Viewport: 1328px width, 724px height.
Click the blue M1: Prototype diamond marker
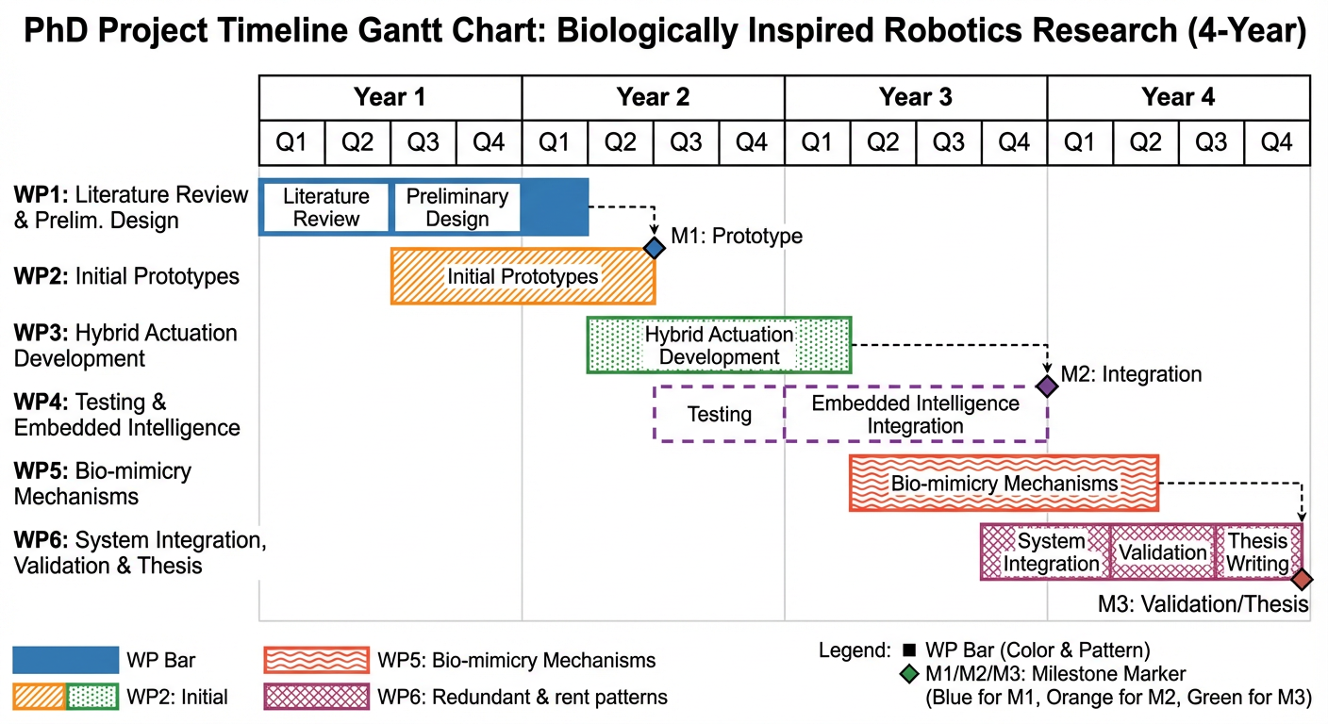(655, 248)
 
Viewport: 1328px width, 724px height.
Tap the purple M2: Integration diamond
(1047, 386)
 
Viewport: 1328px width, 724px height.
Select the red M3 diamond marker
(1303, 579)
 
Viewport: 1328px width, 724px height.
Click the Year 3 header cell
(915, 97)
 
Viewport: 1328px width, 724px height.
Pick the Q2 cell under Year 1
(357, 143)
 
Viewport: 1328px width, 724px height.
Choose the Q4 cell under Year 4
(1276, 143)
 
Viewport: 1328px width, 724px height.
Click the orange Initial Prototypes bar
(523, 276)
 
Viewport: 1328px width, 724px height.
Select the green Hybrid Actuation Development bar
(719, 346)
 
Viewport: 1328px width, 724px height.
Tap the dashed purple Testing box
(719, 414)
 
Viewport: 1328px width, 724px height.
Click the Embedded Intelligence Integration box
(915, 414)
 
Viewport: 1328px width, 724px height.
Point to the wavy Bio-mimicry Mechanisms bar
(1004, 484)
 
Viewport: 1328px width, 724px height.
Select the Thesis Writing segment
(1257, 552)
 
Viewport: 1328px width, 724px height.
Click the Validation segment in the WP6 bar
(1162, 552)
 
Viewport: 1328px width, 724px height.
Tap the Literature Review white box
(325, 207)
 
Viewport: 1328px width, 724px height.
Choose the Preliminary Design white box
(456, 207)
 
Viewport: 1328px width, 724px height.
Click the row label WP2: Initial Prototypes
(126, 276)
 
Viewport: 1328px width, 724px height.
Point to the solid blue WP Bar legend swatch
(65, 660)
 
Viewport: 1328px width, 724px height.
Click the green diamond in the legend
(908, 674)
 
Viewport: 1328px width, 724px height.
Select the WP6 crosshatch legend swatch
(316, 698)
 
